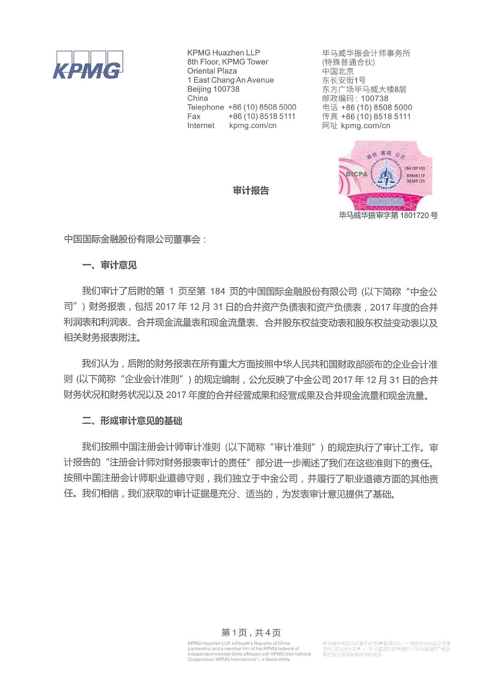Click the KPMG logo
click(x=87, y=65)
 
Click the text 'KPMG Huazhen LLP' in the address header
click(x=223, y=53)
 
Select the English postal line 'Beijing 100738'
click(x=213, y=89)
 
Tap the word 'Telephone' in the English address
click(x=205, y=107)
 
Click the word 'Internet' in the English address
click(x=201, y=126)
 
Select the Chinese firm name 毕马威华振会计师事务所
click(x=366, y=53)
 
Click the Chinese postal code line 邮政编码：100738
click(x=355, y=98)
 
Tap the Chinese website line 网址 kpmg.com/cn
click(x=356, y=126)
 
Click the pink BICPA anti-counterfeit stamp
click(x=385, y=175)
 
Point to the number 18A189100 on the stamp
click(x=414, y=169)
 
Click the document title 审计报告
click(x=251, y=191)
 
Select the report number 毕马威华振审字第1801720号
click(x=388, y=215)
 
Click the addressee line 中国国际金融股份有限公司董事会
click(x=135, y=239)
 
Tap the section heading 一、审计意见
click(x=109, y=265)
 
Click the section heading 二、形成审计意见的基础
click(x=132, y=421)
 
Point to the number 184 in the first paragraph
click(x=217, y=291)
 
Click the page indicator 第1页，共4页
click(x=251, y=633)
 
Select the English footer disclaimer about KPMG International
click(x=249, y=651)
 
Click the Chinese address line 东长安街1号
click(x=343, y=80)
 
